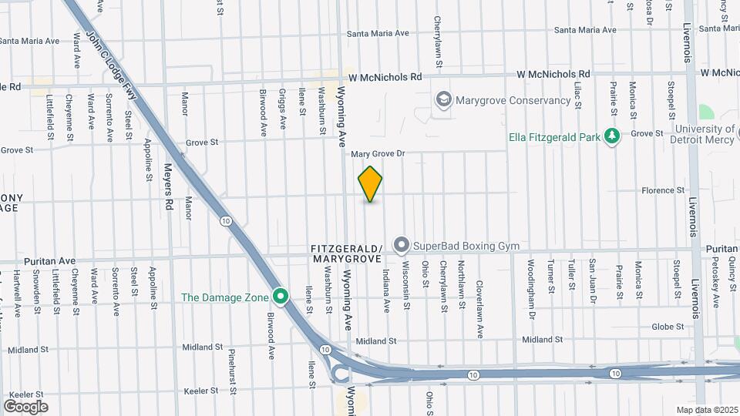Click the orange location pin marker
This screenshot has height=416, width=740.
370,183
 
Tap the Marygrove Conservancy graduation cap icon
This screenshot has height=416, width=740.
443,99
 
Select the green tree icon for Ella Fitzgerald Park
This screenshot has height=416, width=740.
612,136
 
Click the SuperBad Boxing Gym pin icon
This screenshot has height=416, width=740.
401,246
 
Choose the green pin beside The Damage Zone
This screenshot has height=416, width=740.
281,297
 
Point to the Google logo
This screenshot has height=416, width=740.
25,406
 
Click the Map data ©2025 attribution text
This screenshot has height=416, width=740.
706,410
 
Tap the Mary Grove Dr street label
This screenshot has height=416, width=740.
378,154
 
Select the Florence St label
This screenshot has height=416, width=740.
664,190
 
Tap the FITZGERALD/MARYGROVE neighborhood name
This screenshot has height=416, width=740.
346,254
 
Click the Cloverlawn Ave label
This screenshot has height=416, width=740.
479,297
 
